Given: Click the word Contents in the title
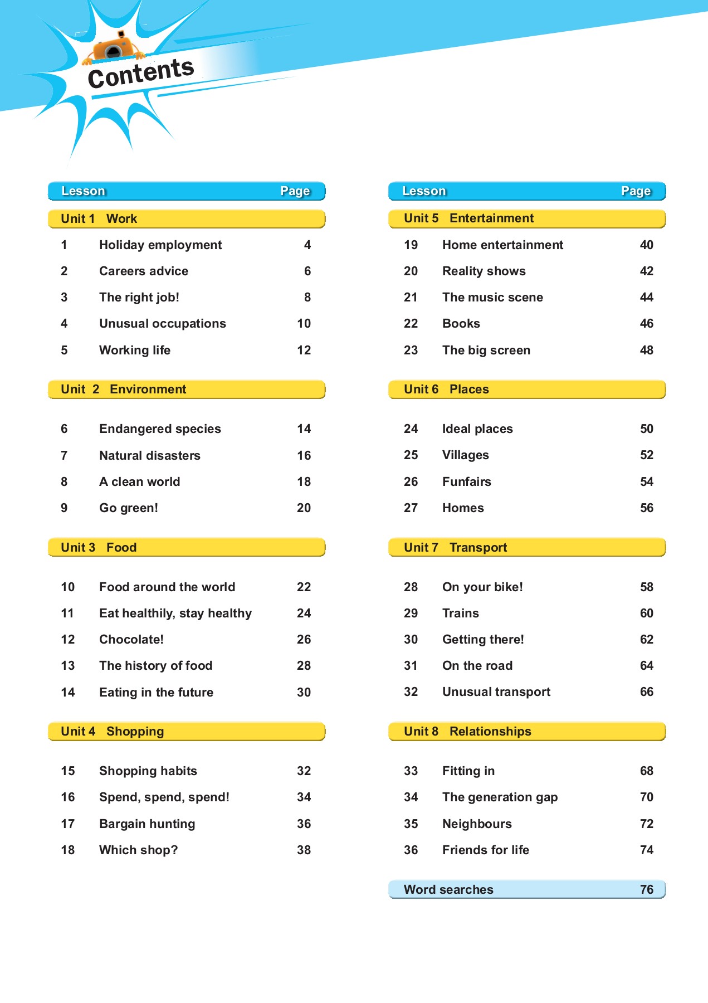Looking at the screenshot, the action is tap(140, 74).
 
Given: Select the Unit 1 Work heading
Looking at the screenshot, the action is tap(99, 218).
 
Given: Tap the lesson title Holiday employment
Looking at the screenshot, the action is tap(160, 245).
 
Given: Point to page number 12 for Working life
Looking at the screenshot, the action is tap(304, 350).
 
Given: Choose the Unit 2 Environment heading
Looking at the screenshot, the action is tap(124, 389).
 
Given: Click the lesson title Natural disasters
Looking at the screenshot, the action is tap(150, 456).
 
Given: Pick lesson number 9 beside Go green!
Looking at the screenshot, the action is tap(64, 508).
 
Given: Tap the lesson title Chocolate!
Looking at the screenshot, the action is tap(131, 640).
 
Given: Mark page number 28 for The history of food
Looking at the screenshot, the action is tap(304, 666).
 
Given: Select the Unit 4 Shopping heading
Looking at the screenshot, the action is tap(113, 732).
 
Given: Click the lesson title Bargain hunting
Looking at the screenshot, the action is tap(147, 824).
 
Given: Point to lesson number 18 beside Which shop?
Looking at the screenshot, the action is tap(68, 850).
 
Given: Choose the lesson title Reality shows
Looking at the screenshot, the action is tap(484, 271).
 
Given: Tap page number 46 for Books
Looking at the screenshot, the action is tap(646, 324).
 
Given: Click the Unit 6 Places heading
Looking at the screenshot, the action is tap(446, 389).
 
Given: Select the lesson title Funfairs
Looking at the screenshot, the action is tap(467, 482).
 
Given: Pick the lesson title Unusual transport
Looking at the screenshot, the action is tap(496, 692).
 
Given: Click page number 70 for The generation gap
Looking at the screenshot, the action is tap(646, 797).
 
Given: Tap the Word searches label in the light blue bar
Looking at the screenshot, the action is tap(448, 890).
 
